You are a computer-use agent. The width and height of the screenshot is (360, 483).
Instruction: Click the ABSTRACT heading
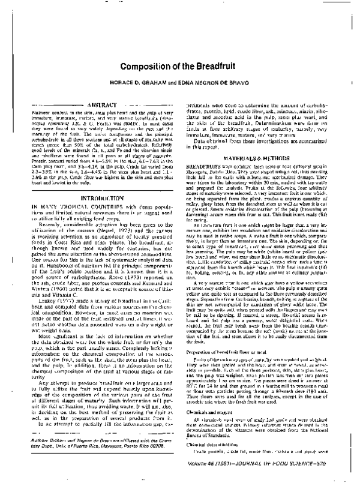pyautogui.click(x=98, y=104)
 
